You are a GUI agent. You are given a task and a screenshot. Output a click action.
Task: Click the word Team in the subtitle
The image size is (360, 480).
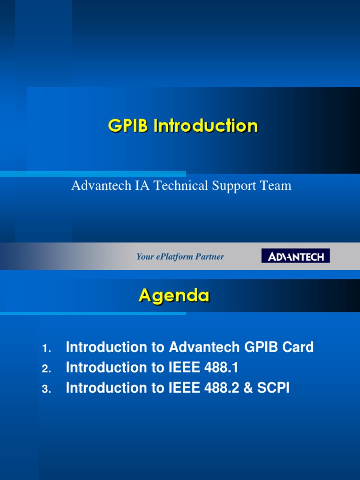277,186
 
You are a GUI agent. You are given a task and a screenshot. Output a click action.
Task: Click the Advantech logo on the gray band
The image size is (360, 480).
295,256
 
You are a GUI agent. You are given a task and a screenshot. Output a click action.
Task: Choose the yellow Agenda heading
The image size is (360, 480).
174,296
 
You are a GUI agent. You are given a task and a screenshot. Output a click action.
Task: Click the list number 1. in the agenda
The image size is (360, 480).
46,349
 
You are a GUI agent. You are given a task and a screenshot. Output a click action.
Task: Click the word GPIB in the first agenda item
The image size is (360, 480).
260,347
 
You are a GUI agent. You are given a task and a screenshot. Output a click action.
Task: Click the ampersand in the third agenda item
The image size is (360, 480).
248,388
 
